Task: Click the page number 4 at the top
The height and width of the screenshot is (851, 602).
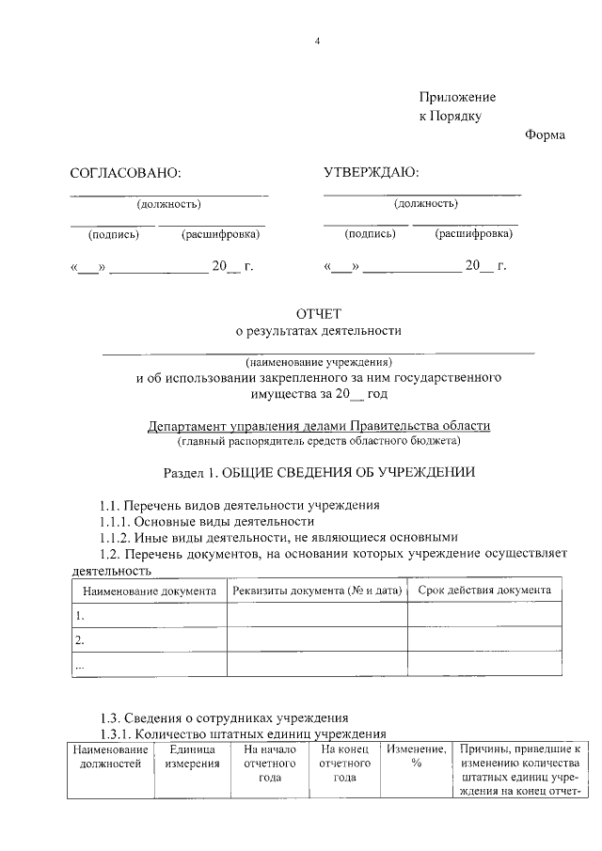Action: (x=318, y=41)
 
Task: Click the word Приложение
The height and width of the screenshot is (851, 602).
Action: (x=457, y=98)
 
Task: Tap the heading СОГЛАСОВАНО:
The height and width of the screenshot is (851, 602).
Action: (x=124, y=173)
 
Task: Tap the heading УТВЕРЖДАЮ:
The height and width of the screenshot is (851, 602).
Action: (x=372, y=172)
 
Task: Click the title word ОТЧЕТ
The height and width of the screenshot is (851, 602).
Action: (x=318, y=313)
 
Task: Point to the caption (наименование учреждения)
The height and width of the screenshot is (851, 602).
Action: (x=319, y=362)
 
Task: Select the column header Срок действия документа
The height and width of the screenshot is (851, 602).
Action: (x=484, y=591)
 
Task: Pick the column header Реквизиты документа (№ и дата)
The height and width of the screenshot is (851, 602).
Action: (x=317, y=591)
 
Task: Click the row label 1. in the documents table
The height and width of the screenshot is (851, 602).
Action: (x=81, y=616)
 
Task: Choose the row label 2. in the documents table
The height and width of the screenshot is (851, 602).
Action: (x=81, y=640)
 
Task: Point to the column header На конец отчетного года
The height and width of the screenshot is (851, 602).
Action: (x=344, y=764)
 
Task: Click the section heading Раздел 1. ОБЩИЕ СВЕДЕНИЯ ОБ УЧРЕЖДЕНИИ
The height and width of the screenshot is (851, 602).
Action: (x=319, y=472)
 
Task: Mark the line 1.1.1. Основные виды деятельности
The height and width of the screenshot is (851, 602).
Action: (x=207, y=521)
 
